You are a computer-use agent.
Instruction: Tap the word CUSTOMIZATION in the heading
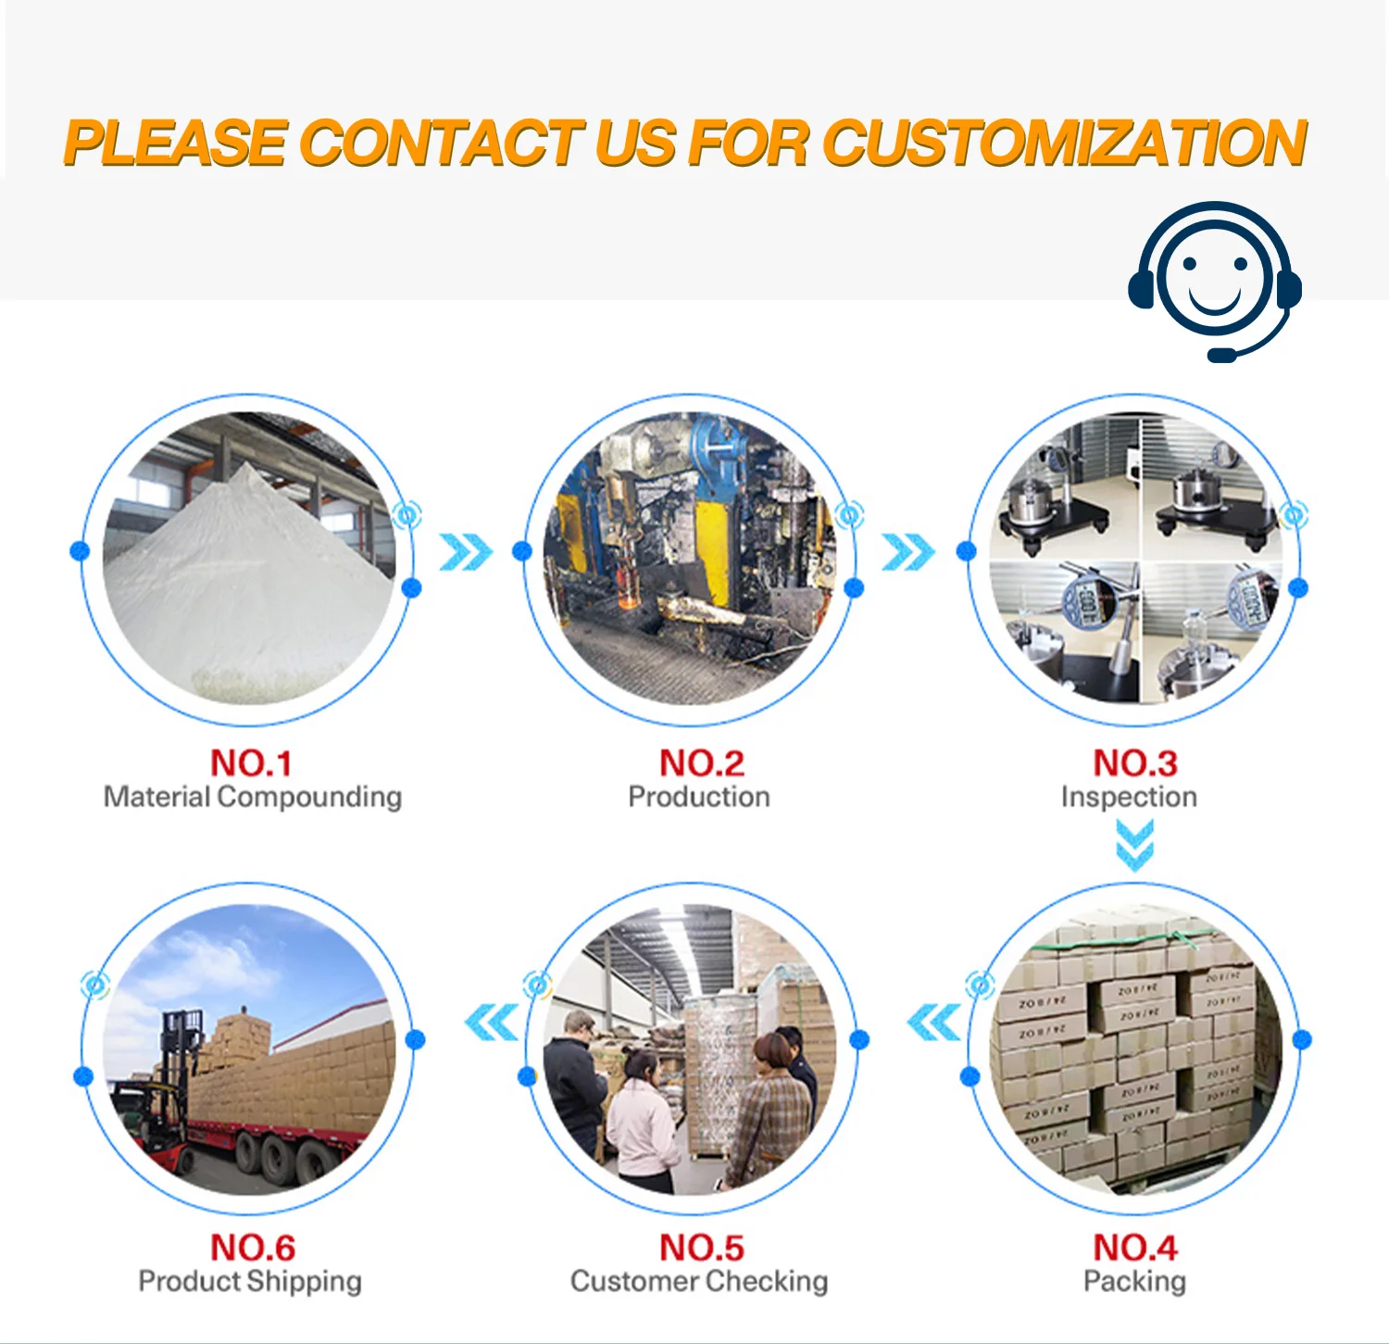(x=1065, y=144)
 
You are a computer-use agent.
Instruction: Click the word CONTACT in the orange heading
(x=441, y=144)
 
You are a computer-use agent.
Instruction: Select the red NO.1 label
(x=251, y=763)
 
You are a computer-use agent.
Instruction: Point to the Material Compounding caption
(x=252, y=797)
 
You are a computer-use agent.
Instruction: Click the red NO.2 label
(x=701, y=763)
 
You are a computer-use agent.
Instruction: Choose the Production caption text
(x=698, y=797)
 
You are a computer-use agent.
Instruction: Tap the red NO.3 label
(x=1134, y=763)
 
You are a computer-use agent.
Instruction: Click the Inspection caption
(x=1129, y=797)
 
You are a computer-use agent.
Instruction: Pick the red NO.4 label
(x=1134, y=1248)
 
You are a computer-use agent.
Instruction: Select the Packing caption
(x=1134, y=1281)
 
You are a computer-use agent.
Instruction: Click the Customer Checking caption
(x=699, y=1281)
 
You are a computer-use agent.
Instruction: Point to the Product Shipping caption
(x=250, y=1281)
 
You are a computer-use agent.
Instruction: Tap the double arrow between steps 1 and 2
(x=465, y=552)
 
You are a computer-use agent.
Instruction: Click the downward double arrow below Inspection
(x=1134, y=846)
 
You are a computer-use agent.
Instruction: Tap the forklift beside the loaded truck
(x=162, y=1093)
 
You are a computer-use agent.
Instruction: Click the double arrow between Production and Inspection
(x=907, y=552)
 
